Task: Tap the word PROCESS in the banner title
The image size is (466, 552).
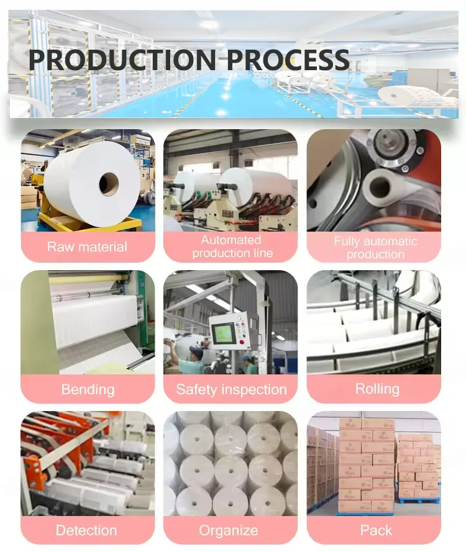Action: (x=288, y=60)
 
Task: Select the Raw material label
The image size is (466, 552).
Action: (x=87, y=247)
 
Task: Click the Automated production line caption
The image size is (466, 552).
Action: (x=231, y=247)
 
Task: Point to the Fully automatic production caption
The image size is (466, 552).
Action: (x=375, y=247)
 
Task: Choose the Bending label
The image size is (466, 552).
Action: (x=88, y=389)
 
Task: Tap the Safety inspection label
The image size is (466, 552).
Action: (x=231, y=389)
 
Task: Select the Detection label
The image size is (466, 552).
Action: (x=86, y=530)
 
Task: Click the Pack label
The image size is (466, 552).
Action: (x=376, y=530)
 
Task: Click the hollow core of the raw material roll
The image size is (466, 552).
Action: (x=109, y=183)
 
